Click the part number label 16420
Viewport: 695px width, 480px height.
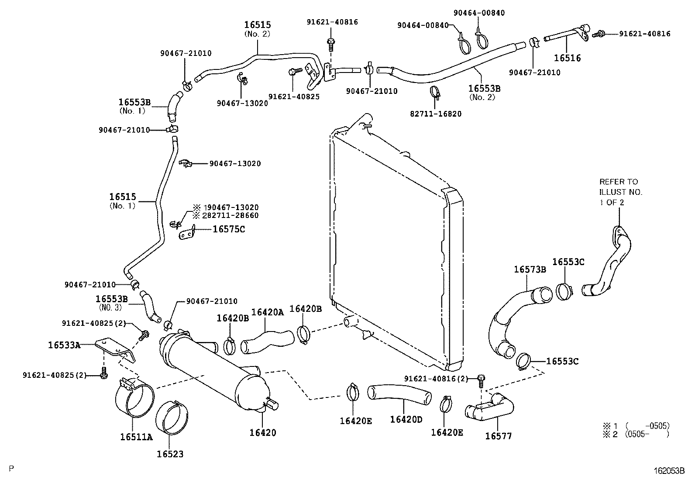(x=263, y=433)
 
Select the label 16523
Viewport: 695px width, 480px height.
(x=170, y=454)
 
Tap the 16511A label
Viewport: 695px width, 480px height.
(x=136, y=436)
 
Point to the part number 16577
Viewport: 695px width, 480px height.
(x=499, y=435)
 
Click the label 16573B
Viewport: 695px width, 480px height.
(x=530, y=269)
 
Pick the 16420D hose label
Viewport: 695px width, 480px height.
(x=406, y=419)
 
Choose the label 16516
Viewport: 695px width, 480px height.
(x=568, y=58)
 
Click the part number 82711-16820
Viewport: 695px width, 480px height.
(x=435, y=114)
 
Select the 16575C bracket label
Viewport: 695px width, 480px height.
(x=229, y=229)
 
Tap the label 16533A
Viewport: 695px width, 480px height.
(x=64, y=345)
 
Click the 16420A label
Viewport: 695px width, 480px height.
(x=268, y=312)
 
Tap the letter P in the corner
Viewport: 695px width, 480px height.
(x=12, y=469)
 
